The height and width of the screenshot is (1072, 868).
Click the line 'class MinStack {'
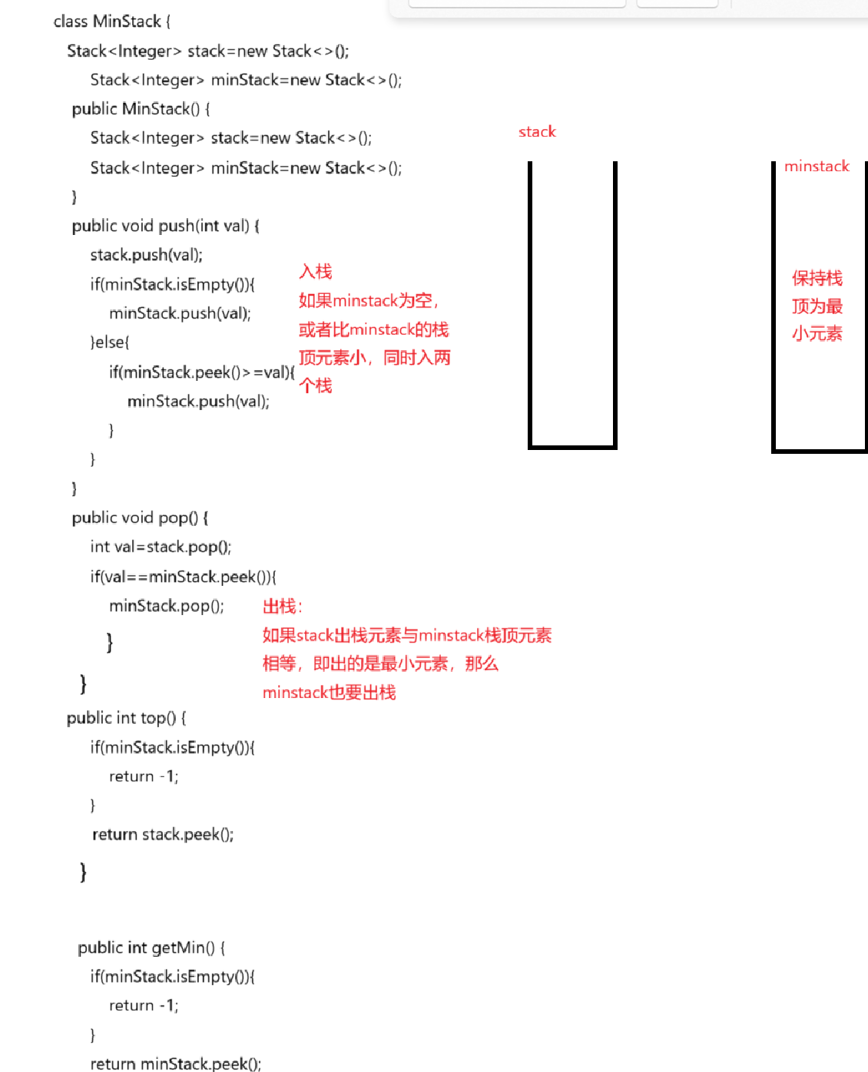[112, 22]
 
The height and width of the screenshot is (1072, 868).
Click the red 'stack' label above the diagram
[537, 132]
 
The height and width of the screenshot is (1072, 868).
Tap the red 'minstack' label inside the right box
[817, 167]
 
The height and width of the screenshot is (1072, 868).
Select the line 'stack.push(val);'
[146, 255]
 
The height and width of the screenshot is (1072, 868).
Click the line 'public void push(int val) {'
[165, 226]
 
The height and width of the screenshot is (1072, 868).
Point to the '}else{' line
[110, 342]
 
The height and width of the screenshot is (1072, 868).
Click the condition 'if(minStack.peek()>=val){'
[201, 372]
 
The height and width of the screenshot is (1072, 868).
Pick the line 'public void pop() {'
[140, 518]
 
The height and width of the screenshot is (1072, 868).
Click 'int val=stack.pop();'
[161, 547]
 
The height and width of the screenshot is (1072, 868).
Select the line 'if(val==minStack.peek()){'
[183, 577]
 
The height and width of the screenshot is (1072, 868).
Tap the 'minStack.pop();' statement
[167, 606]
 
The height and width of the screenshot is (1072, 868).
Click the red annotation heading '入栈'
[316, 272]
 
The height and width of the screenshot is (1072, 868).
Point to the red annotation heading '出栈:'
[282, 607]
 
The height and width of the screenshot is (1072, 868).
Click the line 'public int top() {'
[126, 718]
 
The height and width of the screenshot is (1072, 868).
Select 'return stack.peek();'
[163, 835]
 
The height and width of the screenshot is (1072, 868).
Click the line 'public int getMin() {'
[151, 948]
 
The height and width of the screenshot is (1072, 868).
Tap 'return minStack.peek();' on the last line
[176, 1064]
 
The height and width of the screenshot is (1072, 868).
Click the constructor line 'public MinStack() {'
[141, 109]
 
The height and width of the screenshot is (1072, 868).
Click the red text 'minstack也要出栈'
[329, 693]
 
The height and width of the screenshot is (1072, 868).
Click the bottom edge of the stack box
[572, 445]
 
